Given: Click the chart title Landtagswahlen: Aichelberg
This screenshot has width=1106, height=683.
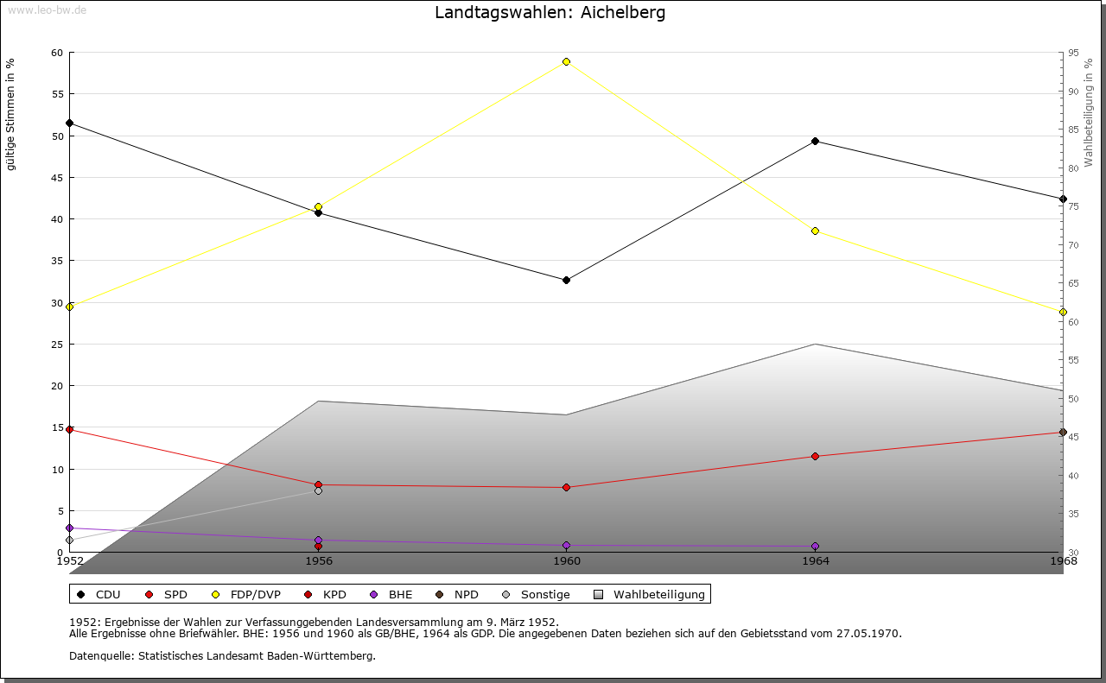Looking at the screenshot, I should click(x=550, y=13).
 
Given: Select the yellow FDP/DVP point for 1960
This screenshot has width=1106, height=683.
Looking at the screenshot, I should click(x=566, y=61).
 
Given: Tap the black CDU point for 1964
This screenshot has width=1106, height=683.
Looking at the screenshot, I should click(x=815, y=141).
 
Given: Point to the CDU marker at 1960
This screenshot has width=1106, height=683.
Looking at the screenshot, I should click(x=566, y=280).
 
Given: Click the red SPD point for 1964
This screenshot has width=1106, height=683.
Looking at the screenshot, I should click(x=815, y=456).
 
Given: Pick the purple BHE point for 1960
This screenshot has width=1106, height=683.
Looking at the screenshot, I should click(x=566, y=545).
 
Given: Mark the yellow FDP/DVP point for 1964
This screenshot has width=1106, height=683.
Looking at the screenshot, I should click(x=815, y=231).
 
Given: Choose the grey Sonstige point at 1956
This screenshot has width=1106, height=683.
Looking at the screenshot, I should click(x=318, y=490).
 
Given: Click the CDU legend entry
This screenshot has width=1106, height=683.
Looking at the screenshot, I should click(x=100, y=594).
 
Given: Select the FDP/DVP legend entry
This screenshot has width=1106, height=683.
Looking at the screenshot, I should click(x=247, y=594).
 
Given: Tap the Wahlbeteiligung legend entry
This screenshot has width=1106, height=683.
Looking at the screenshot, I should click(x=650, y=594).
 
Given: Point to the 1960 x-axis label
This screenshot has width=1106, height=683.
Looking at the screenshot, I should click(x=567, y=561).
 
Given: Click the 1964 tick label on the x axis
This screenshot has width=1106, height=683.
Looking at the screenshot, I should click(x=815, y=561).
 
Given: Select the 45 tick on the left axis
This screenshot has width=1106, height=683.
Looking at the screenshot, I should click(x=57, y=178).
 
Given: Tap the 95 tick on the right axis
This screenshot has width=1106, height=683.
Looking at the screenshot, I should click(x=1073, y=53).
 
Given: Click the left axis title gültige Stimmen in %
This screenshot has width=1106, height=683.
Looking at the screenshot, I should click(x=11, y=115).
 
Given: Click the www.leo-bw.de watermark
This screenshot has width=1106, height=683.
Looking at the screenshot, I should click(x=47, y=9).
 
